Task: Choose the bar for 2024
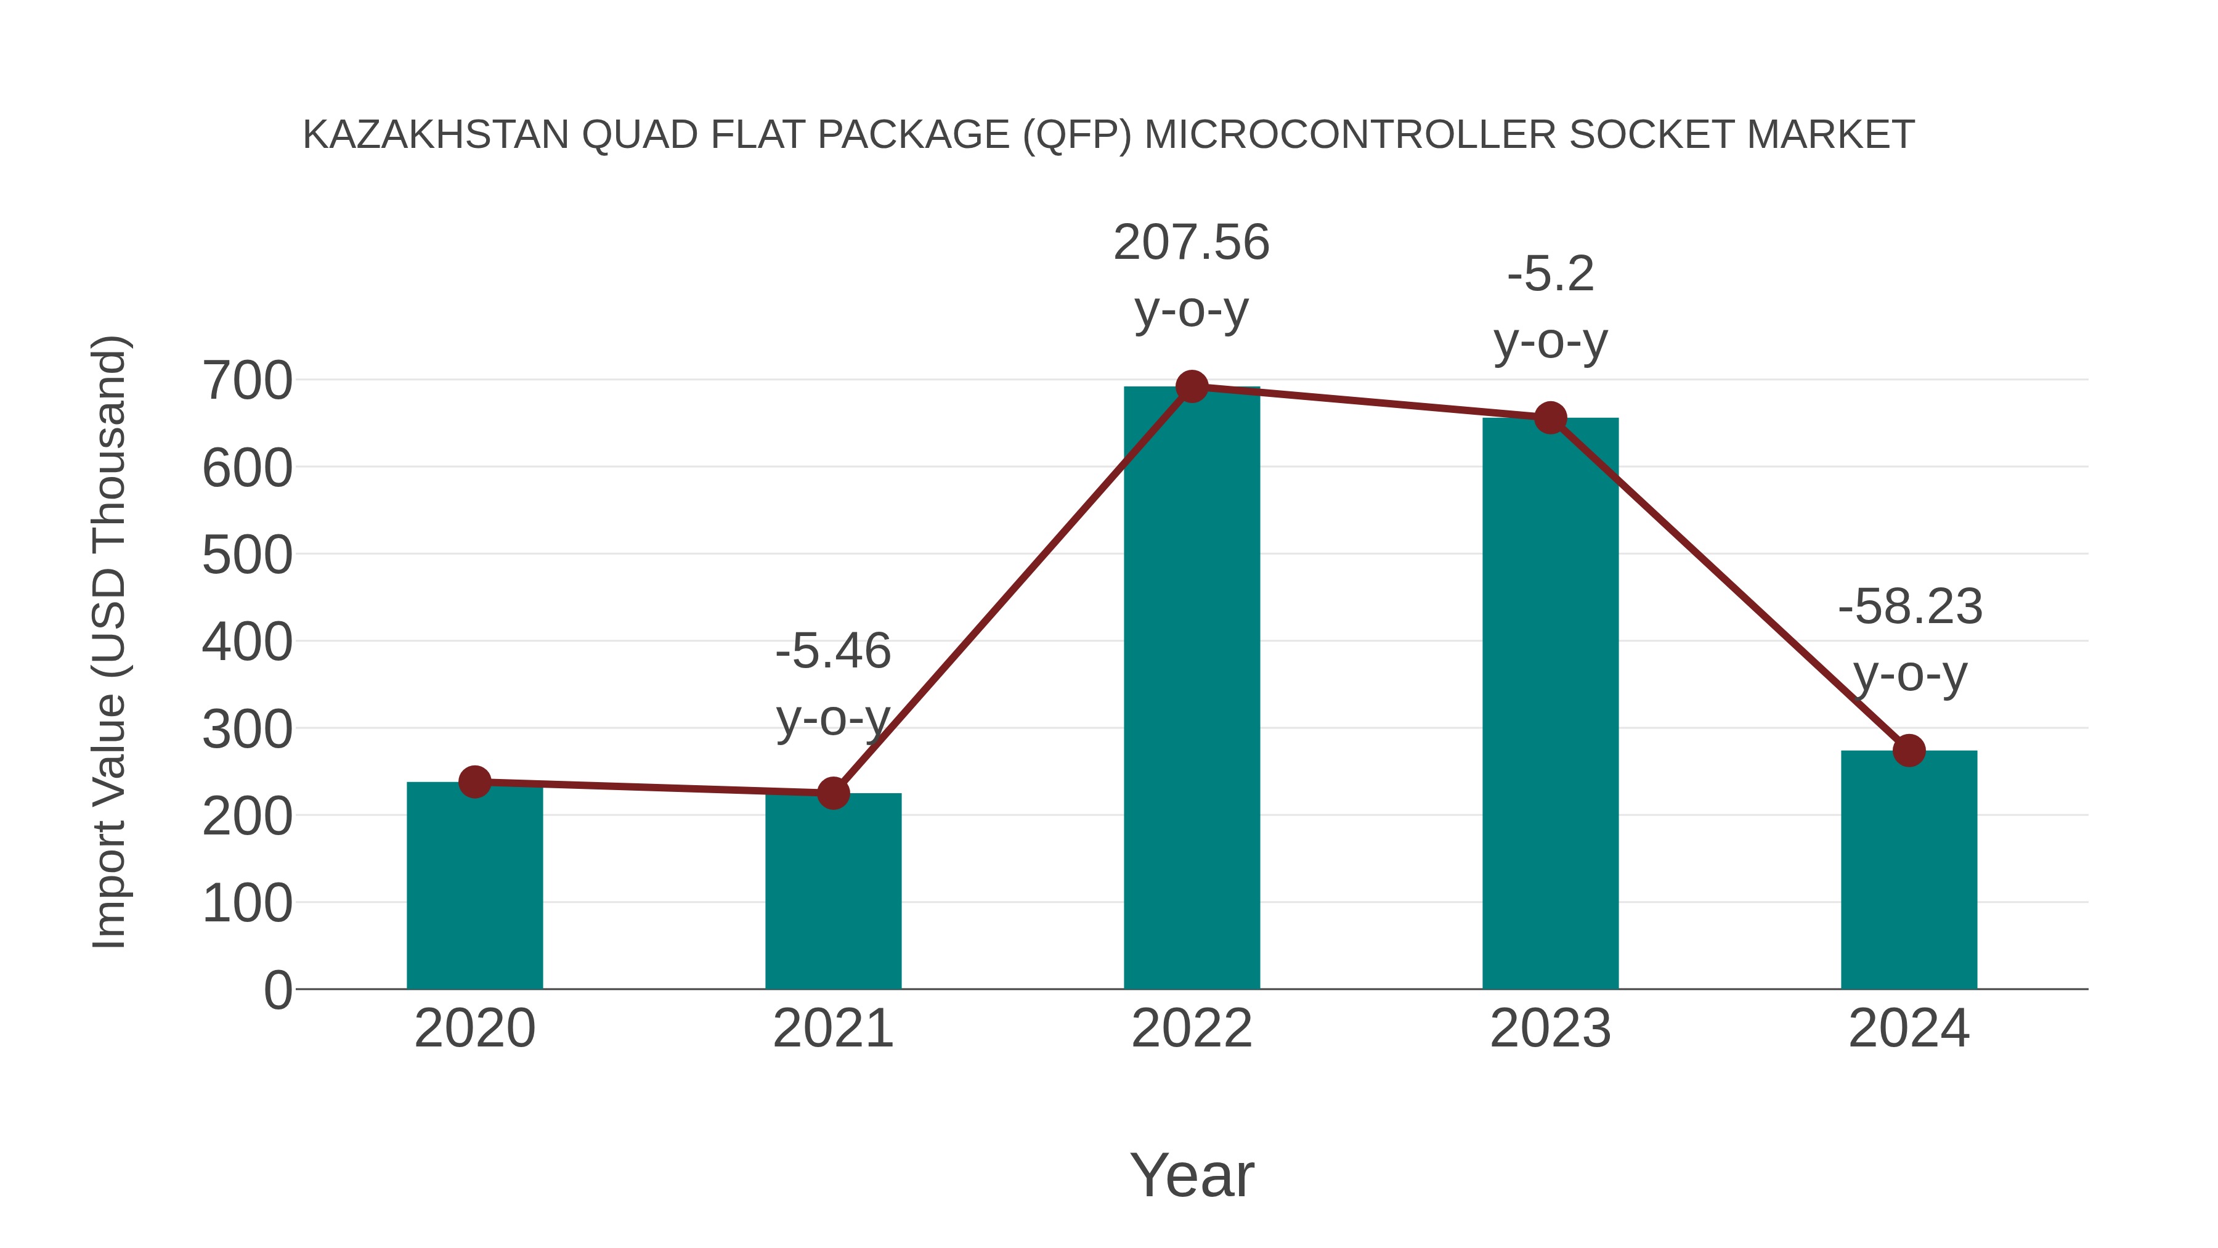[1909, 869]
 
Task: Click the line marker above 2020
[474, 782]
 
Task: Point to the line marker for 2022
[1192, 386]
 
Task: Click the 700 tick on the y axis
[247, 381]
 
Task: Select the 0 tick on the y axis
[277, 990]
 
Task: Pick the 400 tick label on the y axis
[247, 643]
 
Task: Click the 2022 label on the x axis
[1192, 1029]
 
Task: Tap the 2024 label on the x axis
[1909, 1029]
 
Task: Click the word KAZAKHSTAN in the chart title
[436, 135]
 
